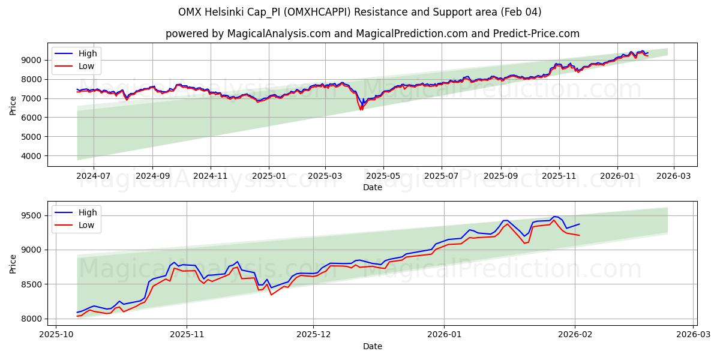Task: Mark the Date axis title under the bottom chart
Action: pos(372,346)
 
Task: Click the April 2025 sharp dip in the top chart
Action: pos(361,109)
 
